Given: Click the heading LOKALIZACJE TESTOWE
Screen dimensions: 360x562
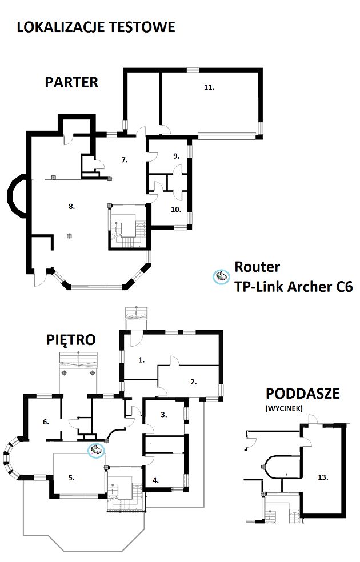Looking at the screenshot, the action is (96, 27).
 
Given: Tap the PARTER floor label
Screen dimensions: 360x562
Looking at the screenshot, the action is (71, 82).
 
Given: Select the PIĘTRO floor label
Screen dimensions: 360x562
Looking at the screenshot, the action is (71, 339).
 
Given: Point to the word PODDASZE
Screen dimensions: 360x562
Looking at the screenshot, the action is (303, 394).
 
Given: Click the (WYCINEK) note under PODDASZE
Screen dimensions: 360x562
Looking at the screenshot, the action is (284, 408).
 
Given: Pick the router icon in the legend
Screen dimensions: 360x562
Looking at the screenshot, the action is (221, 276).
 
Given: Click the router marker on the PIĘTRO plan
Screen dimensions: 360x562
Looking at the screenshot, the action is (96, 449).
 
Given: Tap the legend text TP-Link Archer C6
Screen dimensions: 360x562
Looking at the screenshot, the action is (294, 287).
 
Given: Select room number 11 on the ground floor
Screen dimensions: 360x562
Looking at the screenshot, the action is (209, 87).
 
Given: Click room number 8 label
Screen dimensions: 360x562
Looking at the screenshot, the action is (71, 206).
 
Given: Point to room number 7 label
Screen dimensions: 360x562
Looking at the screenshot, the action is (125, 160).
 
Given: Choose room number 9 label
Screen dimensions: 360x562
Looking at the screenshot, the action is (176, 156).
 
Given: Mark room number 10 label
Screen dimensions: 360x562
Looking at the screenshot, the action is (175, 209).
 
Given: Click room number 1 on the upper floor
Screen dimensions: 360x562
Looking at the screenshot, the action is (142, 360).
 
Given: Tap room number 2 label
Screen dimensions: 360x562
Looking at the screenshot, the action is (194, 382).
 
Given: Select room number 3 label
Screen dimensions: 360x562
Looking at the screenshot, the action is (164, 415).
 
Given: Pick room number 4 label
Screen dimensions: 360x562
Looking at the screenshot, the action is (155, 481).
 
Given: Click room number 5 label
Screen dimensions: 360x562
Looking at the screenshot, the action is (71, 478).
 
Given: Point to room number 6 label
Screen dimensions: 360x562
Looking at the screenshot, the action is (46, 422).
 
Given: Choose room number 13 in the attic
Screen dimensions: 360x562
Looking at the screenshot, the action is (323, 477).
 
